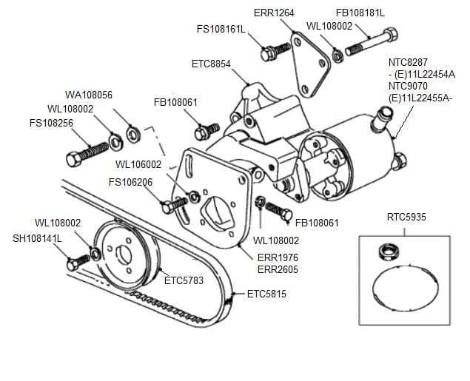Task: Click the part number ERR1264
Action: pyautogui.click(x=274, y=13)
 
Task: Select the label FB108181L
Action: pyautogui.click(x=360, y=13)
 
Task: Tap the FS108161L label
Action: pyautogui.click(x=221, y=30)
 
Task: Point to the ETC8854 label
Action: pyautogui.click(x=212, y=64)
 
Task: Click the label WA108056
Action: pyautogui.click(x=89, y=95)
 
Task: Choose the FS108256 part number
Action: pyautogui.click(x=51, y=123)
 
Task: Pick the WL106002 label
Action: pyautogui.click(x=138, y=163)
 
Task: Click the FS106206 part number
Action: pyautogui.click(x=130, y=182)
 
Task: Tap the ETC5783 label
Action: pyautogui.click(x=184, y=280)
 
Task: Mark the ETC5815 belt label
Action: pyautogui.click(x=266, y=294)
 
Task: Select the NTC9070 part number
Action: pyautogui.click(x=408, y=85)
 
